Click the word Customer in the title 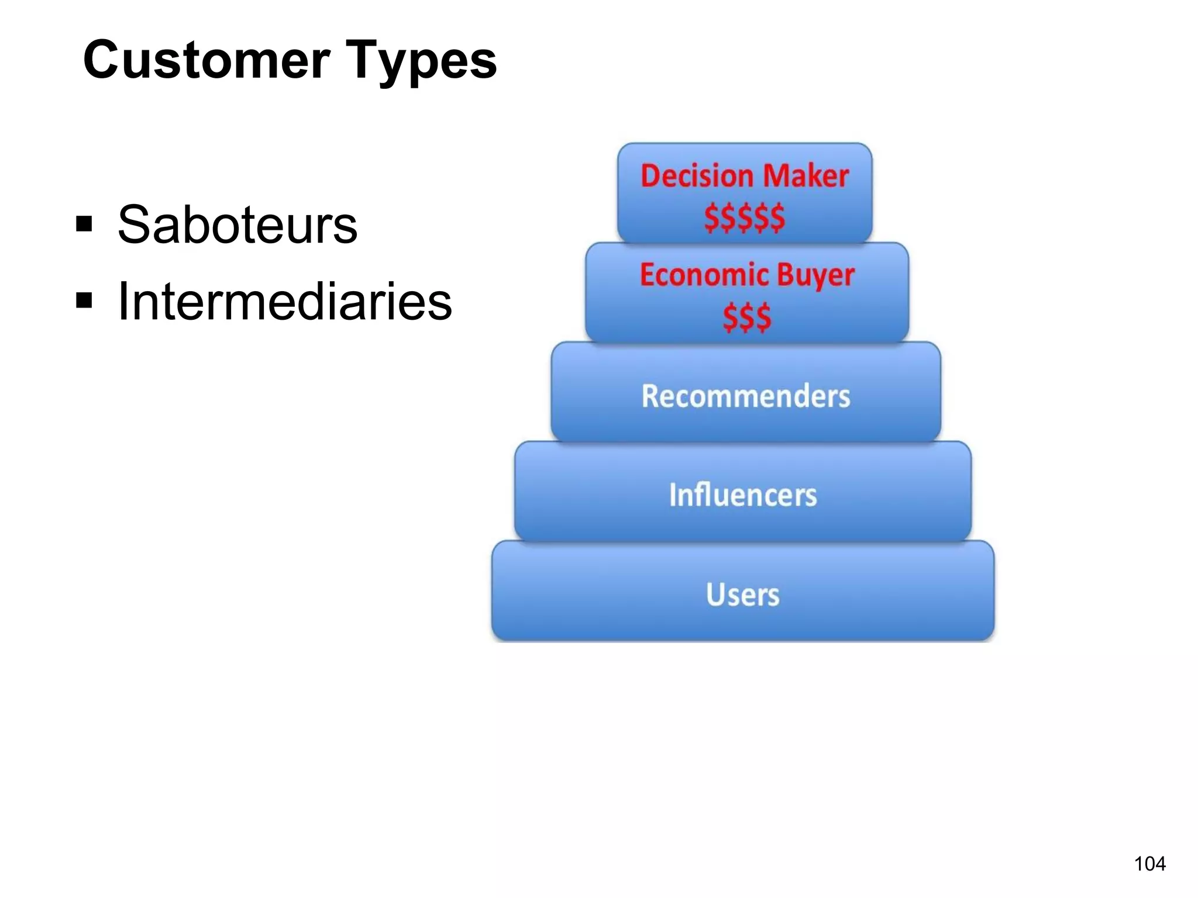206,60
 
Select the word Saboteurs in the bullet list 237,225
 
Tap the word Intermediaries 284,302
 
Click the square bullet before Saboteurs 84,223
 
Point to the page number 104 1149,864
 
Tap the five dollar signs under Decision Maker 744,217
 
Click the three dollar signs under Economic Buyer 746,317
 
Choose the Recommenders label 745,396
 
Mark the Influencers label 742,495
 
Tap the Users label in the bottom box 742,595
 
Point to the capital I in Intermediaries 123,302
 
